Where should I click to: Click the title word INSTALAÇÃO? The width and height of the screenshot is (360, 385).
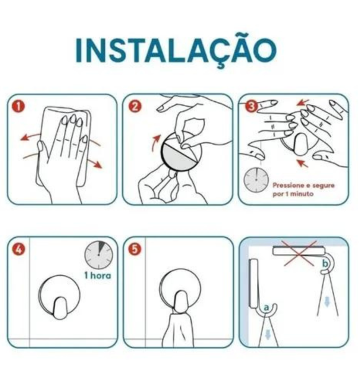point(175,50)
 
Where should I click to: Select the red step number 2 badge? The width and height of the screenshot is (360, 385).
point(135,106)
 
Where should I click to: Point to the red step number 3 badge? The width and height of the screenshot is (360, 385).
point(251,106)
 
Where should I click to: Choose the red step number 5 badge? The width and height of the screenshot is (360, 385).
point(135,249)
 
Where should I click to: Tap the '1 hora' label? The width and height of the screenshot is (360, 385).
point(98,275)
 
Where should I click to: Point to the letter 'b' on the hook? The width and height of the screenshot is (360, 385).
point(325,265)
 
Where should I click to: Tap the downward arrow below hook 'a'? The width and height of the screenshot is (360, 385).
point(268,336)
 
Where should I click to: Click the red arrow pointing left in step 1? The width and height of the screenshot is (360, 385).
point(28,135)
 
